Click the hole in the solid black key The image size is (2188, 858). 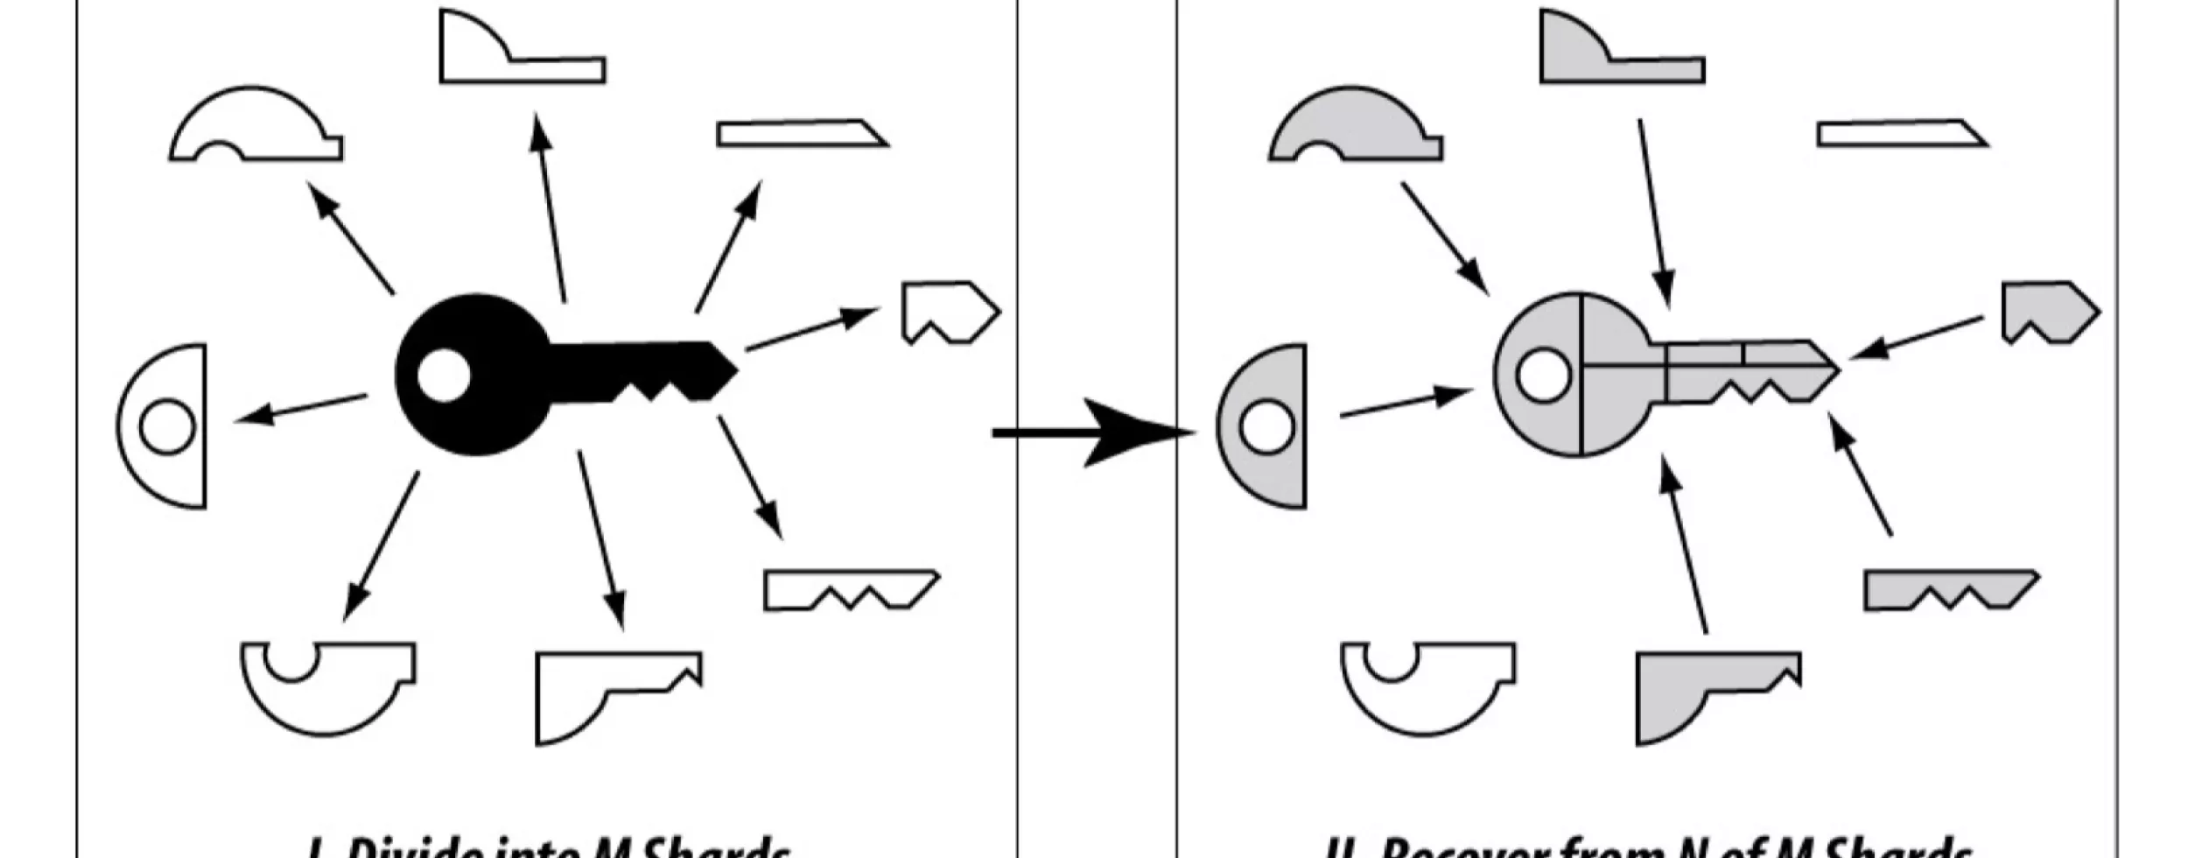click(444, 375)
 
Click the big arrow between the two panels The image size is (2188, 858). click(1094, 432)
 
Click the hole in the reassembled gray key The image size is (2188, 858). click(1543, 375)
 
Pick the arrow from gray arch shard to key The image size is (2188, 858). click(1444, 237)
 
